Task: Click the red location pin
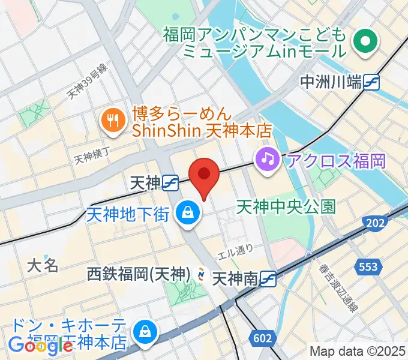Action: click(204, 176)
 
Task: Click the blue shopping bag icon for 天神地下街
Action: click(188, 212)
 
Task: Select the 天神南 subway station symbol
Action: click(268, 278)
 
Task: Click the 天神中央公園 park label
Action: click(286, 207)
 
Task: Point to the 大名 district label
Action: click(43, 265)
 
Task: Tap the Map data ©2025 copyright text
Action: click(358, 352)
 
